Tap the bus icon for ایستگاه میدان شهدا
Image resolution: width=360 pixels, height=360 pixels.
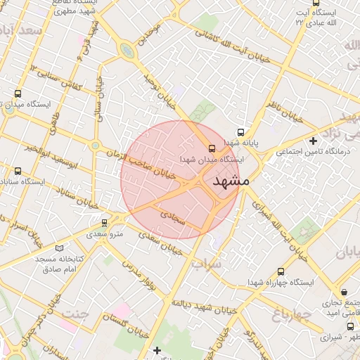pos(212,148)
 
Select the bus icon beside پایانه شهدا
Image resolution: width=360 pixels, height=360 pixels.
pos(241,131)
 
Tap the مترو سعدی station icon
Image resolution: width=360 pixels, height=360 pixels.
pos(105,222)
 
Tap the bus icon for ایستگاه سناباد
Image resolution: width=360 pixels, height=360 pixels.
pos(18,170)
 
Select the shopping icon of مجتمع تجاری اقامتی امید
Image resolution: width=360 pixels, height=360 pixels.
pos(344,291)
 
